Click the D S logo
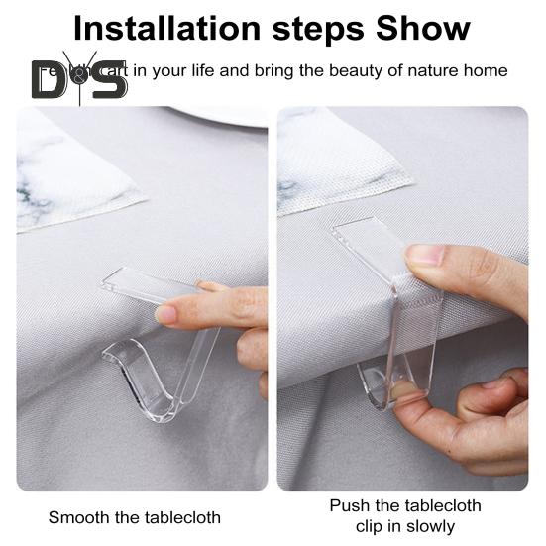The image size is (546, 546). point(79,78)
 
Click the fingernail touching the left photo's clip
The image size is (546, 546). point(166,314)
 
